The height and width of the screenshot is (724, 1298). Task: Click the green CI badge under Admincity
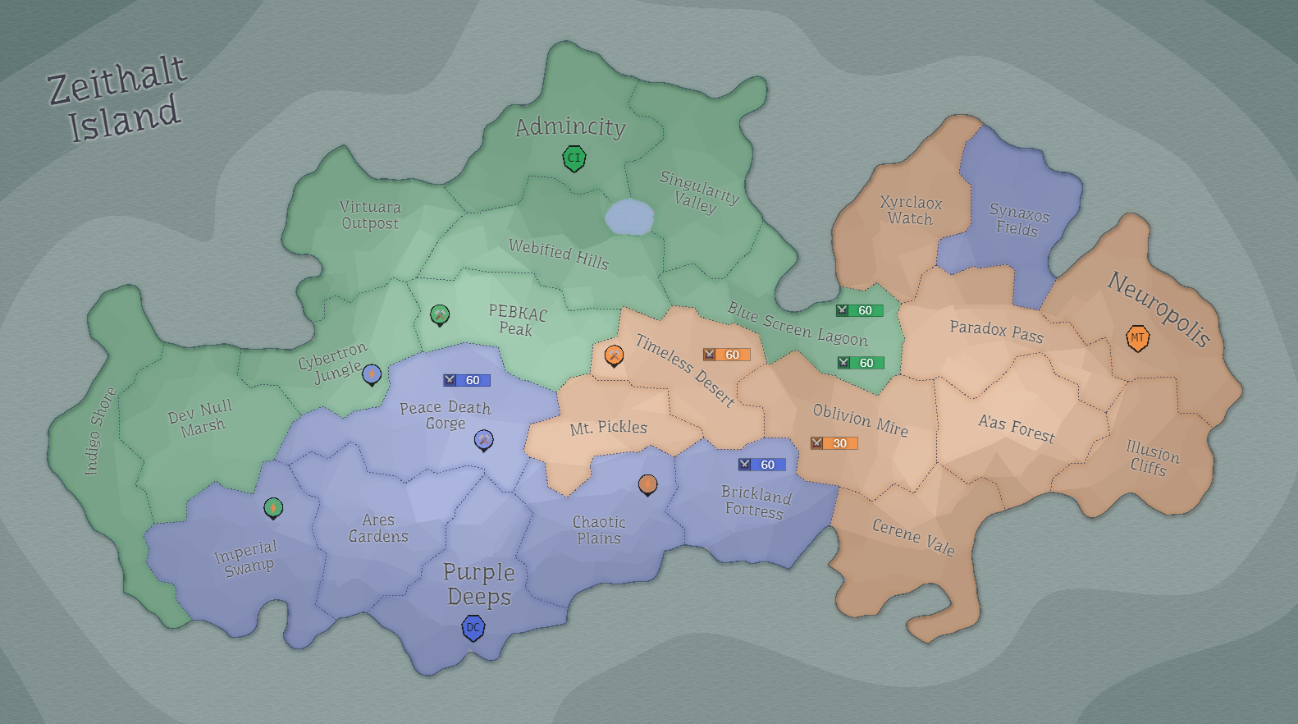[574, 158]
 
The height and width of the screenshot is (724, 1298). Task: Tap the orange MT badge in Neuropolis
[1137, 338]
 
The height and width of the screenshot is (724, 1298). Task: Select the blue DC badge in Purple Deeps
[473, 628]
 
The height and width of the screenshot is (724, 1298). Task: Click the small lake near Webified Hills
[629, 218]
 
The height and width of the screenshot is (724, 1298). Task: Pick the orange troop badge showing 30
[834, 443]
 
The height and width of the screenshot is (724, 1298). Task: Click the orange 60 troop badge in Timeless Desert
[726, 355]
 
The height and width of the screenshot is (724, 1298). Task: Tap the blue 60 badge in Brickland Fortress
[761, 465]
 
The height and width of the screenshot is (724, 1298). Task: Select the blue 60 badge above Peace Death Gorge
[466, 380]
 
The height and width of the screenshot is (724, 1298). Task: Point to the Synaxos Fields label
[1018, 220]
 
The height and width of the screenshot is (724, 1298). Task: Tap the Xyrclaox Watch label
[911, 210]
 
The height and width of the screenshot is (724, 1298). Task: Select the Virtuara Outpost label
[370, 215]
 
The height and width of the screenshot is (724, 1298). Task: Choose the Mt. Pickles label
[608, 428]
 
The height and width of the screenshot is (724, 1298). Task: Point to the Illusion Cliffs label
[1151, 458]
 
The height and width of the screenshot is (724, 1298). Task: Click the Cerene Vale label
[913, 538]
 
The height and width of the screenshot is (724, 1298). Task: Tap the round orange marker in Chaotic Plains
[647, 484]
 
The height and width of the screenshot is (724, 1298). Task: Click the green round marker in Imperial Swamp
[273, 508]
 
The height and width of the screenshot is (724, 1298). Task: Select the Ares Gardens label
[378, 528]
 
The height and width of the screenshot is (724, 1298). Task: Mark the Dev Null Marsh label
[201, 417]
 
